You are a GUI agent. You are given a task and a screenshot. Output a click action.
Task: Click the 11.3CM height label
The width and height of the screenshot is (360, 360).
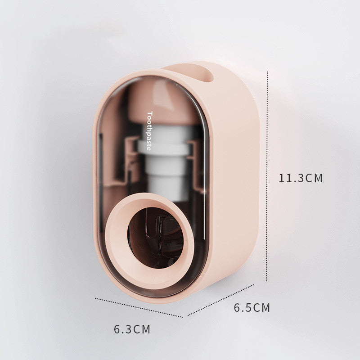pyautogui.click(x=301, y=178)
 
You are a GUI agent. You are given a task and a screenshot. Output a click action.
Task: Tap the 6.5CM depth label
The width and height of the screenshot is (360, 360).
pyautogui.click(x=252, y=308)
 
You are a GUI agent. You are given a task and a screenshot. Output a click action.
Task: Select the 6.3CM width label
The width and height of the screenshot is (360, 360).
pyautogui.click(x=132, y=329)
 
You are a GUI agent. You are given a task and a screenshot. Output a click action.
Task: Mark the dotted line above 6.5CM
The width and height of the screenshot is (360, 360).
pyautogui.click(x=220, y=300)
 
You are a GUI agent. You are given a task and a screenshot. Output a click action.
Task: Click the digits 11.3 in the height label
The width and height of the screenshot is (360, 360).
pyautogui.click(x=291, y=178)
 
